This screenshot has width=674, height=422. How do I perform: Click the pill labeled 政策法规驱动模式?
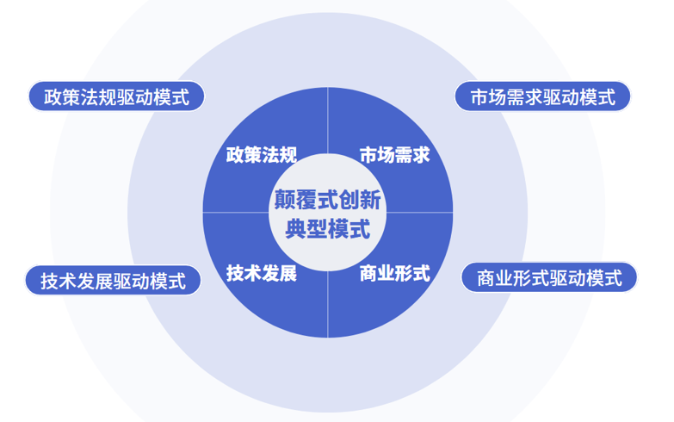tap(116, 96)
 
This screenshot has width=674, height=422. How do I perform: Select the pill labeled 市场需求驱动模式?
tap(542, 97)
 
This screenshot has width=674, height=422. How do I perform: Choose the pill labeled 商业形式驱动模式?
tap(548, 278)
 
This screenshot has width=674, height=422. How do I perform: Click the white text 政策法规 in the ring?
tap(261, 155)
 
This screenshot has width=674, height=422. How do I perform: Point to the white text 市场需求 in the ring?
tap(394, 155)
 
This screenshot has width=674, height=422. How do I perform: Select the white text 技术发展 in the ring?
tap(261, 274)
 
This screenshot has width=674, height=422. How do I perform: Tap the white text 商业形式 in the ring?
tap(394, 274)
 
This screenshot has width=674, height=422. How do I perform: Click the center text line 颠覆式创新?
tap(327, 200)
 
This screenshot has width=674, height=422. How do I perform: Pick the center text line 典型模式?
tap(327, 230)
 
